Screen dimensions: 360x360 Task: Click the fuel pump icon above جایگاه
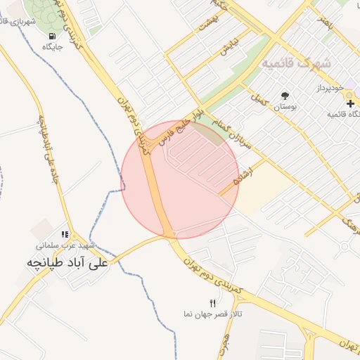[52, 36]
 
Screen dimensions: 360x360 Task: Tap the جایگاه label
[53, 47]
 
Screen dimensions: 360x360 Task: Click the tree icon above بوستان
[285, 96]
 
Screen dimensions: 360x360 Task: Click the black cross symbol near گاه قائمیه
[350, 103]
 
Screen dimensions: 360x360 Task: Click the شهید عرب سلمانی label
[65, 246]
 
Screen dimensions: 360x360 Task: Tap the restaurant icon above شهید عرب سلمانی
[65, 235]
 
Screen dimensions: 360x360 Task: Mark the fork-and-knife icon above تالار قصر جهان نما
[213, 302]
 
